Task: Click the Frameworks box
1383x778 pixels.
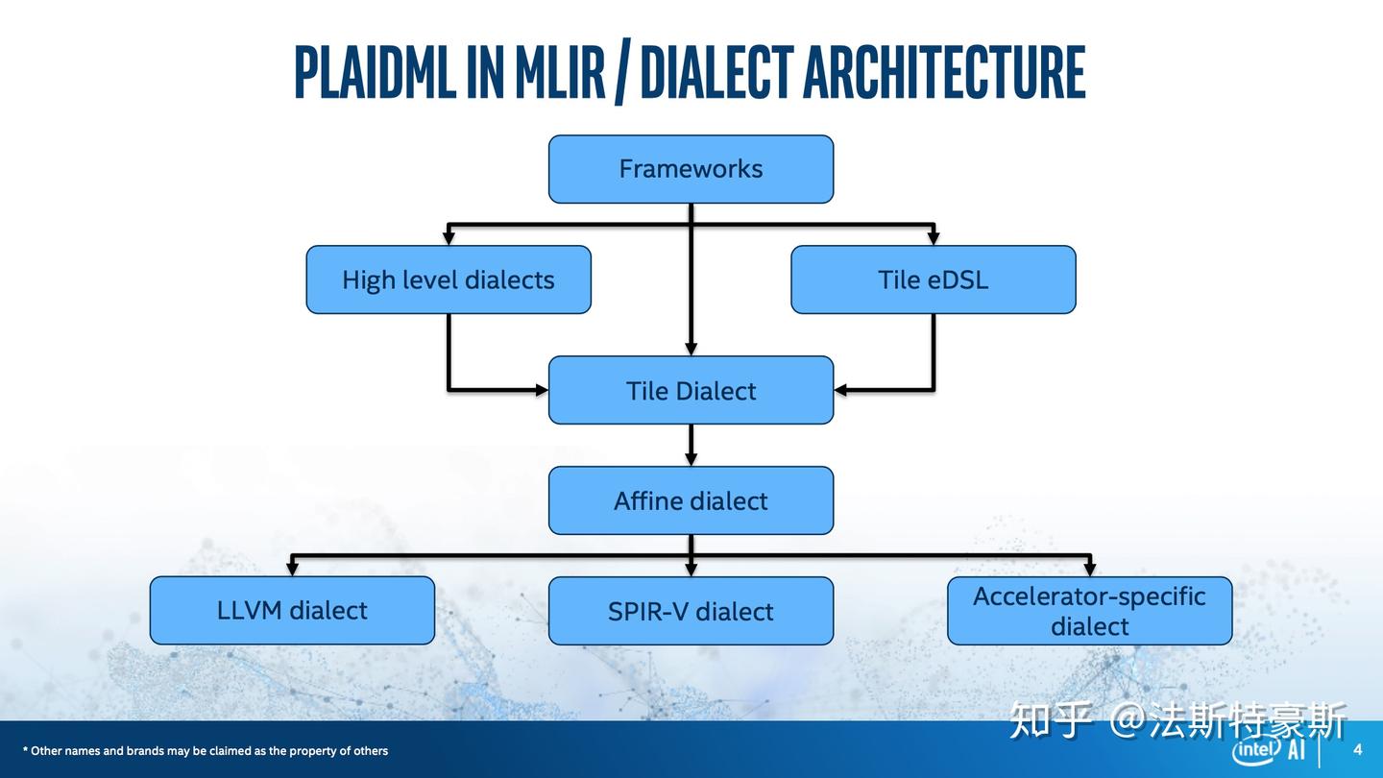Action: (691, 169)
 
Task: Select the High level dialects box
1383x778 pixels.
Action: (448, 280)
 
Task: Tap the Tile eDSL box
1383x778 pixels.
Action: (933, 280)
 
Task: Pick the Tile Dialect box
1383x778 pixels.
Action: (691, 390)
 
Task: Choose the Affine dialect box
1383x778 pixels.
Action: (691, 500)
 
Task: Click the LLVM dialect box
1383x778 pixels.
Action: (292, 610)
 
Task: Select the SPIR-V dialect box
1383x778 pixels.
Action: (691, 611)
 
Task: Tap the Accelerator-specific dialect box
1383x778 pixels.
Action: (1089, 611)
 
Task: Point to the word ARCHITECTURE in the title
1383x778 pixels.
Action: (943, 72)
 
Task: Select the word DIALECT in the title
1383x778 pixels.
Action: (716, 72)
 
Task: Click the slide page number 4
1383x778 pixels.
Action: (1357, 749)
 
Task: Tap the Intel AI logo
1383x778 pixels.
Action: (1268, 750)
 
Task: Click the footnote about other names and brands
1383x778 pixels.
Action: (206, 751)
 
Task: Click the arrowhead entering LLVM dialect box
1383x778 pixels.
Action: (292, 569)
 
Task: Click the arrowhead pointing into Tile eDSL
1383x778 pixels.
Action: (933, 238)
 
